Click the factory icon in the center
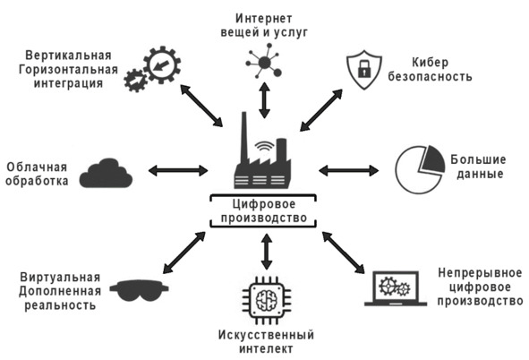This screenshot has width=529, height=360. pos(262,159)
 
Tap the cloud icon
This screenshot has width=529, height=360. pos(106,174)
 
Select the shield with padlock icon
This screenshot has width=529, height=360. pos(364,70)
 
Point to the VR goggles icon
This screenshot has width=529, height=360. pos(139,290)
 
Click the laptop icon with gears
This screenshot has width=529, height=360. pos(396,289)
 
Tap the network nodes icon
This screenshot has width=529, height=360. pos(264,62)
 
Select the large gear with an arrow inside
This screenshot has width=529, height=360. pos(162,64)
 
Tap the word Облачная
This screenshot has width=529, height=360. pos(37,167)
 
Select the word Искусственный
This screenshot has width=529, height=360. pos(266,335)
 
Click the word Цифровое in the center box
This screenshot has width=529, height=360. pos(264,204)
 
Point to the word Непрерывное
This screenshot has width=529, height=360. pos(480,272)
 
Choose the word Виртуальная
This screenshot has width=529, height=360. pos(60,277)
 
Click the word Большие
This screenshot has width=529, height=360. pos(478,159)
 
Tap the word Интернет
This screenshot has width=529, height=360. pos(263,18)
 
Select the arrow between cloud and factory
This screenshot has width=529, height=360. pos(178,170)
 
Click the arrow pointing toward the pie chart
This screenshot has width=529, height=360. pos(348,170)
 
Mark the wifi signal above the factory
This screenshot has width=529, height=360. pos(265,146)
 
